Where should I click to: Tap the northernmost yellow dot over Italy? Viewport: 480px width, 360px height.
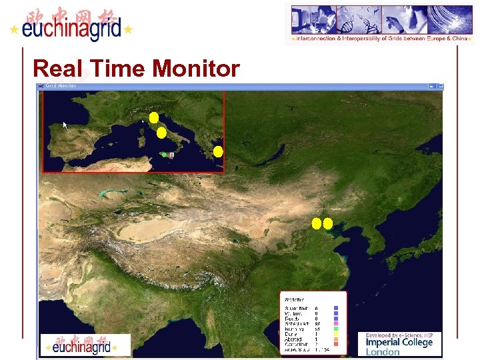(154, 118)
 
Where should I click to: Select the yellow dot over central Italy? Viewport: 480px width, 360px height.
(161, 133)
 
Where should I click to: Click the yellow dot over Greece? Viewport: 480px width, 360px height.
(218, 151)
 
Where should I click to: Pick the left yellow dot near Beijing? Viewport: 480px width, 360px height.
(317, 223)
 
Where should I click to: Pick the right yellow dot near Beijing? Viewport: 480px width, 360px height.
(328, 223)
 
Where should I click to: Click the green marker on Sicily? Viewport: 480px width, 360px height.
(164, 155)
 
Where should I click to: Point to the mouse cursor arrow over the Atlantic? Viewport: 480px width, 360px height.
(65, 125)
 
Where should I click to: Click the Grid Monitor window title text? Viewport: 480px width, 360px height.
(60, 85)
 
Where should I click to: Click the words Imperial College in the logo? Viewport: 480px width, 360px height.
(399, 342)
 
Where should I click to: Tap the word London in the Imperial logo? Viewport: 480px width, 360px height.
(383, 352)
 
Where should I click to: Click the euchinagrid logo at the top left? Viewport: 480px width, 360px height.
(72, 27)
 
